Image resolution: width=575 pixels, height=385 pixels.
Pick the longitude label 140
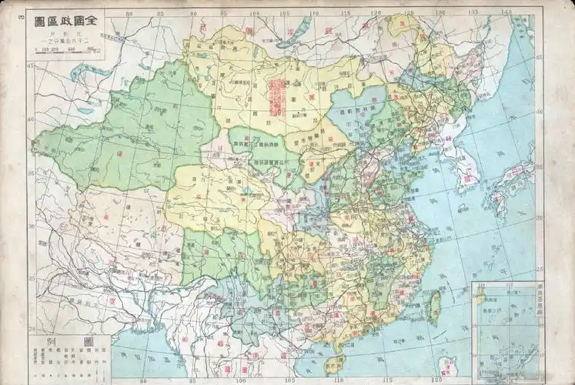point(505,13)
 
